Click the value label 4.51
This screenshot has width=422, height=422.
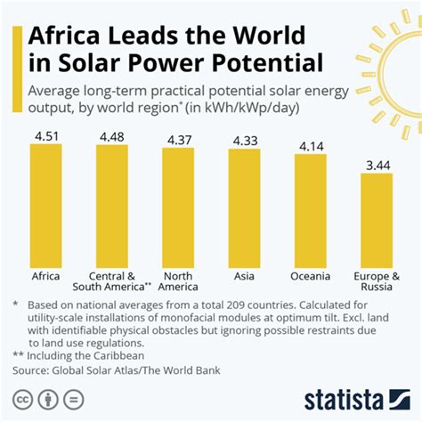[x=46, y=136]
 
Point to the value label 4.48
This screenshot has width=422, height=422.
[x=112, y=137]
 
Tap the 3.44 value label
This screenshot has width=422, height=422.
[x=376, y=165]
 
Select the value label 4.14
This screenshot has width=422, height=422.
[x=310, y=146]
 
